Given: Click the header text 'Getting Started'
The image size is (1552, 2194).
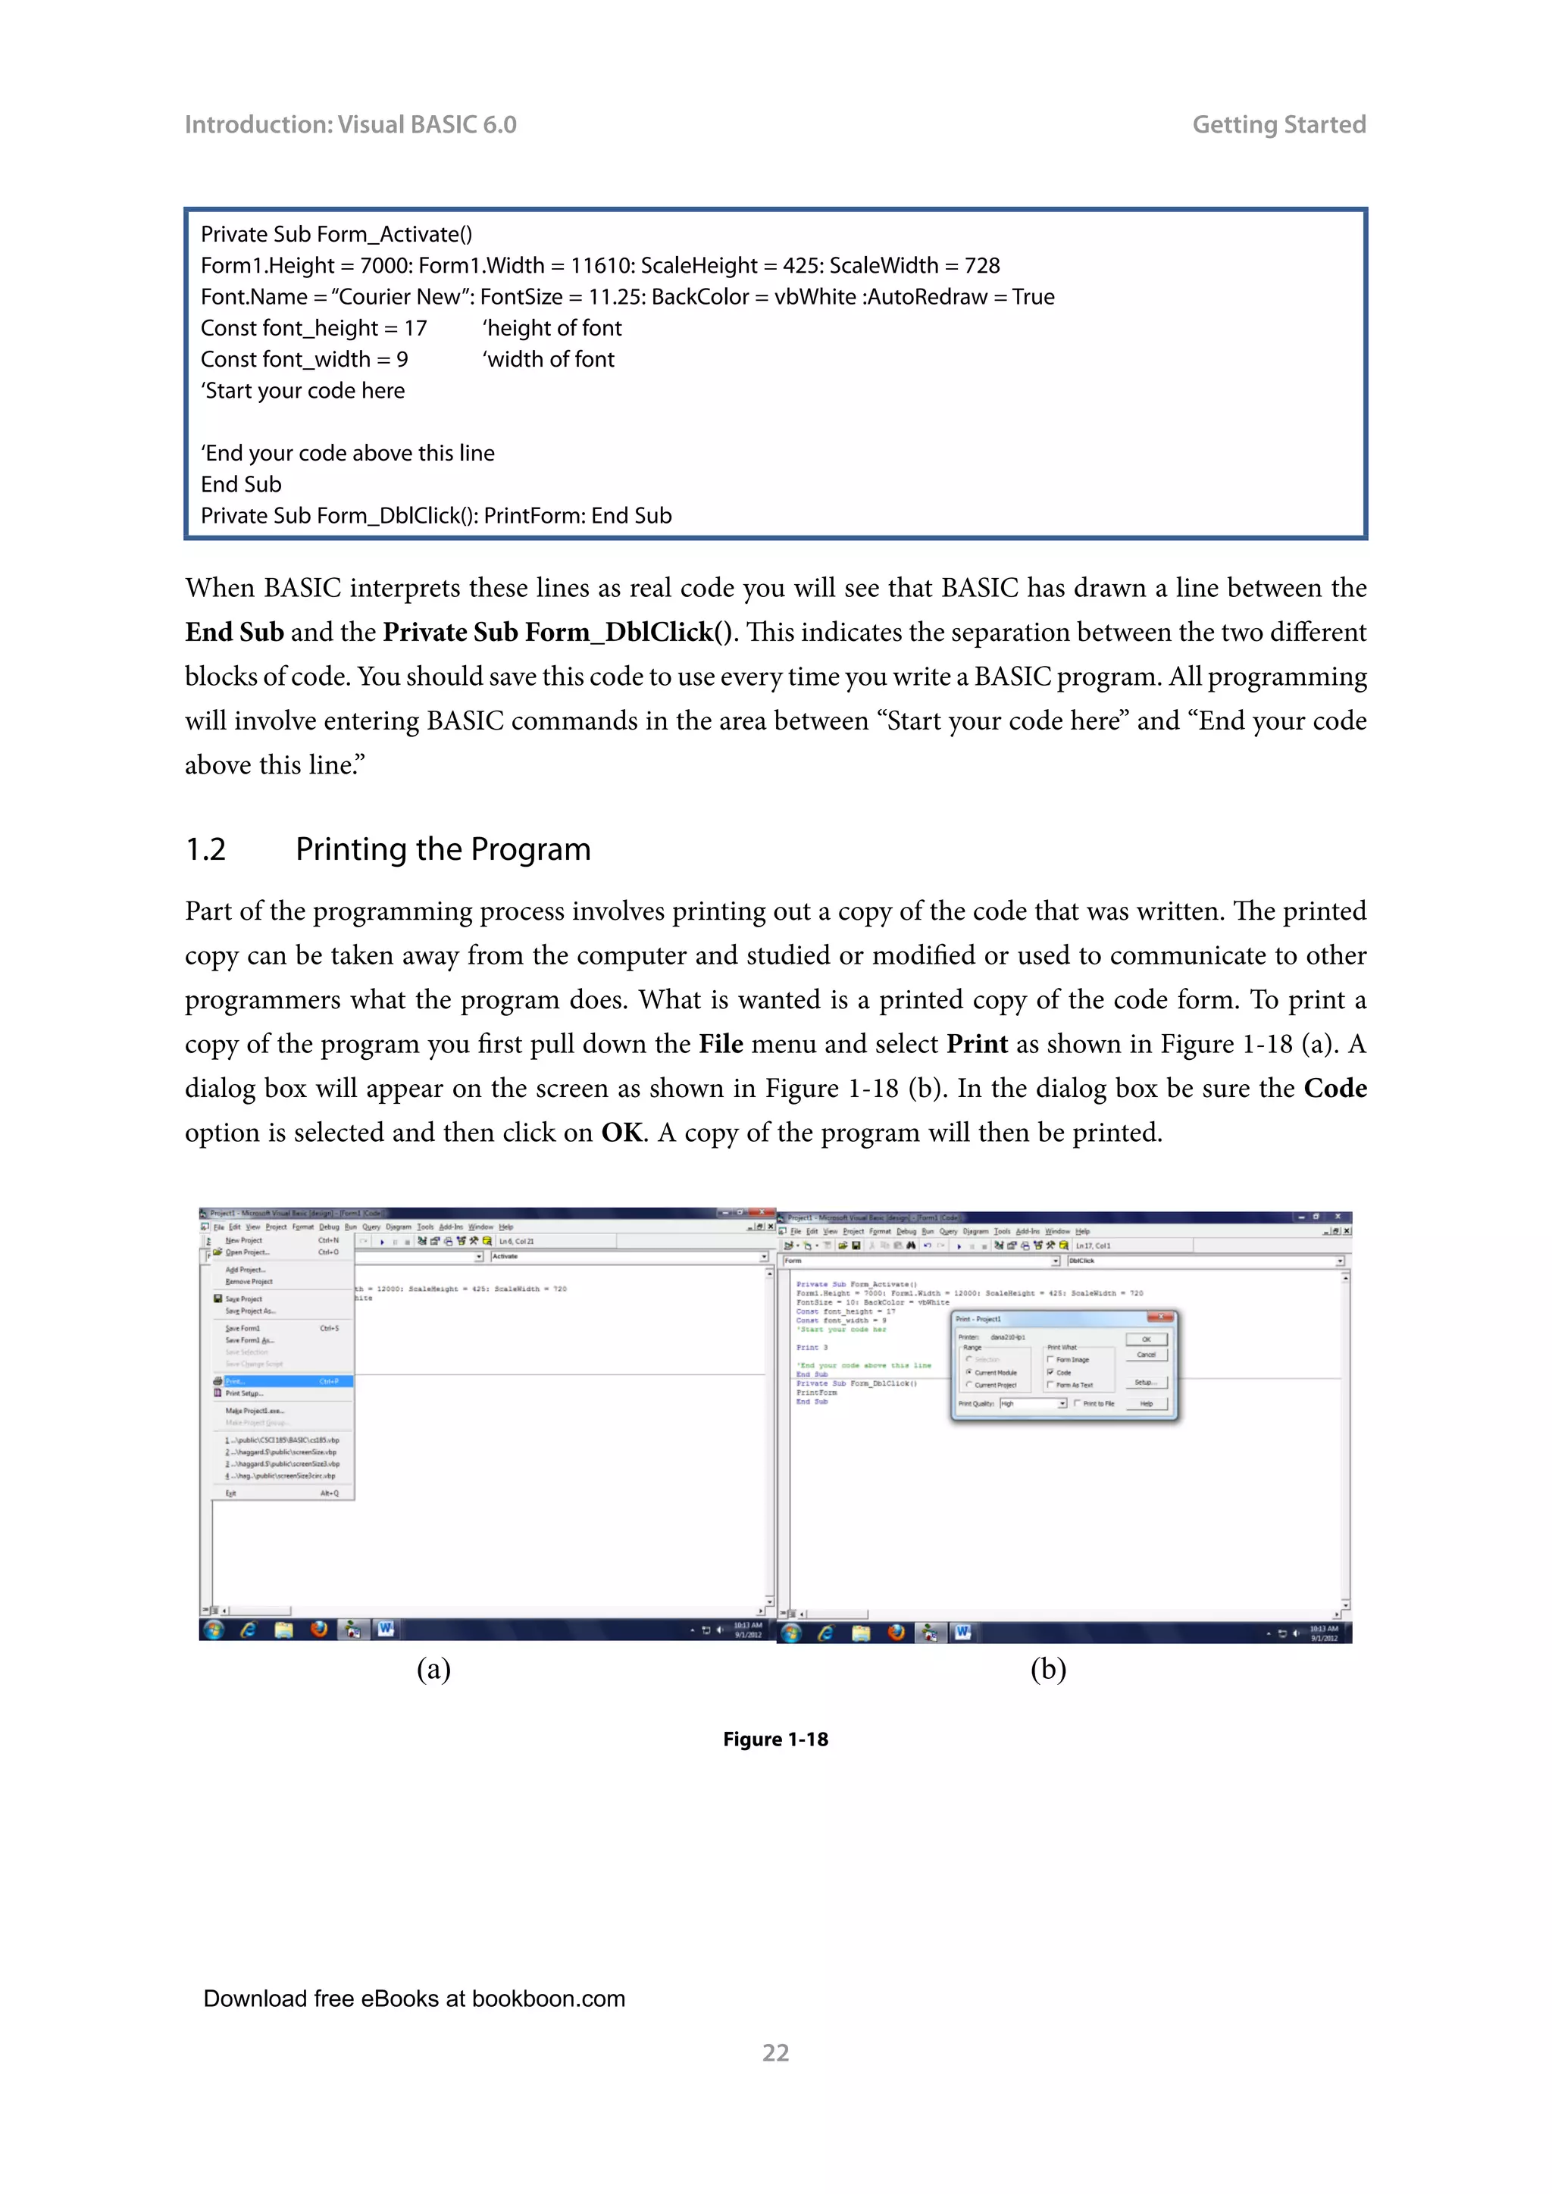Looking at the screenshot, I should coord(1278,124).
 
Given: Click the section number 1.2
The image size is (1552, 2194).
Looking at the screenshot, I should coord(205,849).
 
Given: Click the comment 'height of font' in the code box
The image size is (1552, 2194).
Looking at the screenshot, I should coord(552,328).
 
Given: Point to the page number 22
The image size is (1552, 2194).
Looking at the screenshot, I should coord(775,2052).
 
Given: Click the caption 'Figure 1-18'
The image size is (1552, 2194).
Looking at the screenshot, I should coord(775,1739).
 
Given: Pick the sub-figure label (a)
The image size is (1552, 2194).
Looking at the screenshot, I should coord(433,1670).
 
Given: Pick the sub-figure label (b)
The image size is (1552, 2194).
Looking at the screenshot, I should coord(1047,1670).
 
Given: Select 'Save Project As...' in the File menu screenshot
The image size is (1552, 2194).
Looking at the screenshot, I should coord(250,1311).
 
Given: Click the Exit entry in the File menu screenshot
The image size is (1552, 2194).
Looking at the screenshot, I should coord(230,1492).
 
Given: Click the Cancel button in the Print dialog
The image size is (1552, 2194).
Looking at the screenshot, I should coord(1146,1354).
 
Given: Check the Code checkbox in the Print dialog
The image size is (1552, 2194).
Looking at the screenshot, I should coord(1050,1372).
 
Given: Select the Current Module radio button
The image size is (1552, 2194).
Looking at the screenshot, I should coord(969,1372).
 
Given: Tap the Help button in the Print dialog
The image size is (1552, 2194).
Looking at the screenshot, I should coord(1146,1404).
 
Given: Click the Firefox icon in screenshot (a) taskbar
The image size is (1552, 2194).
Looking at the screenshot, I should coord(318,1628).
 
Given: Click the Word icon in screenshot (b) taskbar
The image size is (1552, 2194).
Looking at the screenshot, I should coord(962,1632).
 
